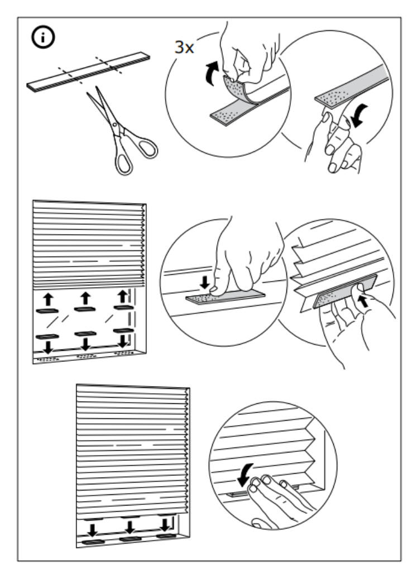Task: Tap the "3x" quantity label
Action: pos(184,47)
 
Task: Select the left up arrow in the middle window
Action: pos(47,298)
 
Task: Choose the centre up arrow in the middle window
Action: pos(85,298)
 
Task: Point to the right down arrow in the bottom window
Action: pos(166,524)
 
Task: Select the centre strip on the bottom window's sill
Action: pos(129,540)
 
